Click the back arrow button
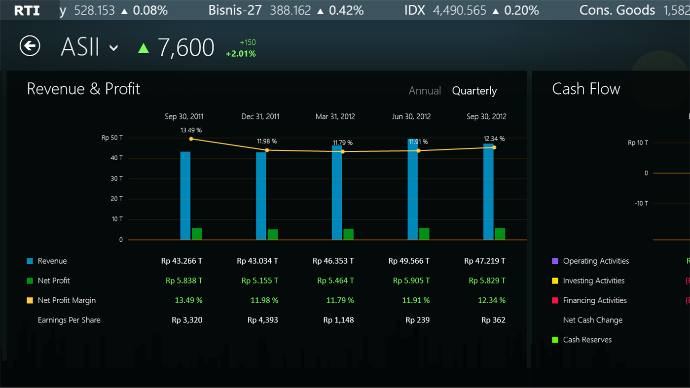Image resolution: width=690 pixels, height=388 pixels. [x=30, y=46]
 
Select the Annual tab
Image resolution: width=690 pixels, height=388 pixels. [x=424, y=91]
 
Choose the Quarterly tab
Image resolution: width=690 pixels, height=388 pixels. [x=474, y=91]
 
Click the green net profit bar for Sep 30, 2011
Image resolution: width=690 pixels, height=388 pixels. [x=197, y=234]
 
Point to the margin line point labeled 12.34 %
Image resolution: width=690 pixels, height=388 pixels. [x=494, y=147]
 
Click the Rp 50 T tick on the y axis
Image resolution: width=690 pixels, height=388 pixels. [x=112, y=138]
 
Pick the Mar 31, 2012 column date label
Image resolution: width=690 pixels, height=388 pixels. [x=335, y=117]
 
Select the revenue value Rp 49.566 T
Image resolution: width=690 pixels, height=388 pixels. [x=409, y=261]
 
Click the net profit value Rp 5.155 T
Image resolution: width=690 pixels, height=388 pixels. [x=259, y=281]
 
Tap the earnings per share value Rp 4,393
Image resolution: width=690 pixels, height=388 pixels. [x=262, y=320]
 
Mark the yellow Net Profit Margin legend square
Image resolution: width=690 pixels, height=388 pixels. [x=30, y=300]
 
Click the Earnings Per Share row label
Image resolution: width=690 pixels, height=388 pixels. [x=69, y=320]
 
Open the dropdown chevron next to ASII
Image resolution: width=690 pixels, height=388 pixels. [x=113, y=48]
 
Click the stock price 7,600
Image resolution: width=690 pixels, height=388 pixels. [x=186, y=48]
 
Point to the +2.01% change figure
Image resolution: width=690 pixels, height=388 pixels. [x=241, y=54]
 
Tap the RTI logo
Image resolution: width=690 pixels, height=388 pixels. [x=27, y=10]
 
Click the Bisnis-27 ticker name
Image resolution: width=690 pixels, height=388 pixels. [x=235, y=10]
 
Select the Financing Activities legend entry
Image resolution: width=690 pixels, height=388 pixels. [x=594, y=300]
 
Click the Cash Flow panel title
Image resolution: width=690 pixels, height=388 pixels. [x=586, y=89]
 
